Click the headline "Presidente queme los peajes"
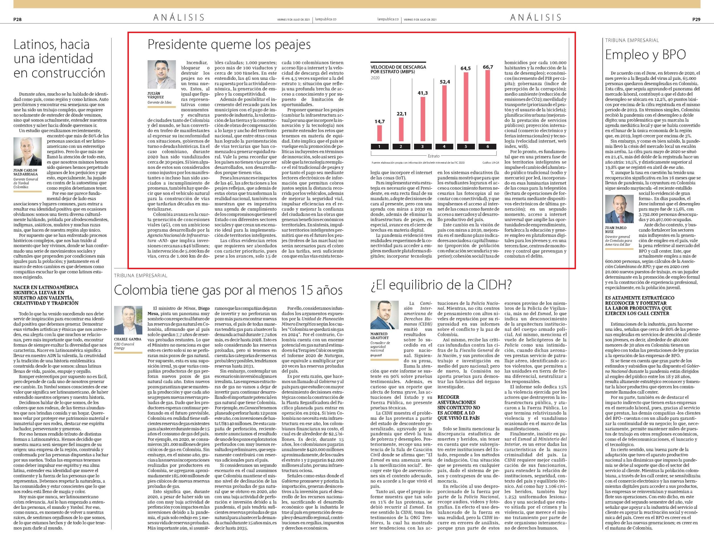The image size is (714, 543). [229, 44]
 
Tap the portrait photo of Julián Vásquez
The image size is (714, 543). [162, 75]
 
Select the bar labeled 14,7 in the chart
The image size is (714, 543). [379, 133]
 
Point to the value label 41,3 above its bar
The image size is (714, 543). [423, 93]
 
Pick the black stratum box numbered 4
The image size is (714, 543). [444, 146]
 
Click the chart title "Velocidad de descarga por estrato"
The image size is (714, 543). [398, 69]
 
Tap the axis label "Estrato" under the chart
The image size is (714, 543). [434, 156]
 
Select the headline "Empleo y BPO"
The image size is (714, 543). [646, 55]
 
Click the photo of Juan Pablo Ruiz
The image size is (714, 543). [619, 209]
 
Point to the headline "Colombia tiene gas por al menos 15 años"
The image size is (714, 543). [228, 290]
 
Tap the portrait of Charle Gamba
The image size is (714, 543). [128, 320]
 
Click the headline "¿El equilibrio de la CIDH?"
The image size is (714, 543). [441, 284]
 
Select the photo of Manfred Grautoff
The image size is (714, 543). [384, 315]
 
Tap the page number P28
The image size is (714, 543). [17, 19]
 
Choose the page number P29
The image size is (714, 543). [696, 19]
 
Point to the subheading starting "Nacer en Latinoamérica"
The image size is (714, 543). [46, 295]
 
